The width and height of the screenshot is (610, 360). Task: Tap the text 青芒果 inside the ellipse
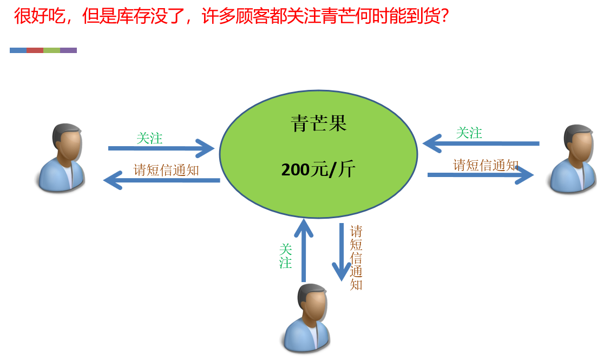[318, 124]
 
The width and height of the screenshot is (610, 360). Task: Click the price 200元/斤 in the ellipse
[318, 169]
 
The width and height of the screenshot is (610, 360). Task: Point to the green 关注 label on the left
[149, 138]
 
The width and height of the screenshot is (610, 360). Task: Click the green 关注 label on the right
[469, 133]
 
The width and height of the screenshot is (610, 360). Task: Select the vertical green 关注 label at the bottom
[285, 257]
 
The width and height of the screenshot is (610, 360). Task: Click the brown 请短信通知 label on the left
[166, 170]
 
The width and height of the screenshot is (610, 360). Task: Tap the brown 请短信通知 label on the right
[486, 165]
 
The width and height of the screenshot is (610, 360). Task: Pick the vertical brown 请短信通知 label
[356, 258]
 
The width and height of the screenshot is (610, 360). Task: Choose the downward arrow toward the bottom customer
[342, 252]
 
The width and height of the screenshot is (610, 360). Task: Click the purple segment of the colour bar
[68, 50]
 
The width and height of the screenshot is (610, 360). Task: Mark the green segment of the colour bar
[51, 50]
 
